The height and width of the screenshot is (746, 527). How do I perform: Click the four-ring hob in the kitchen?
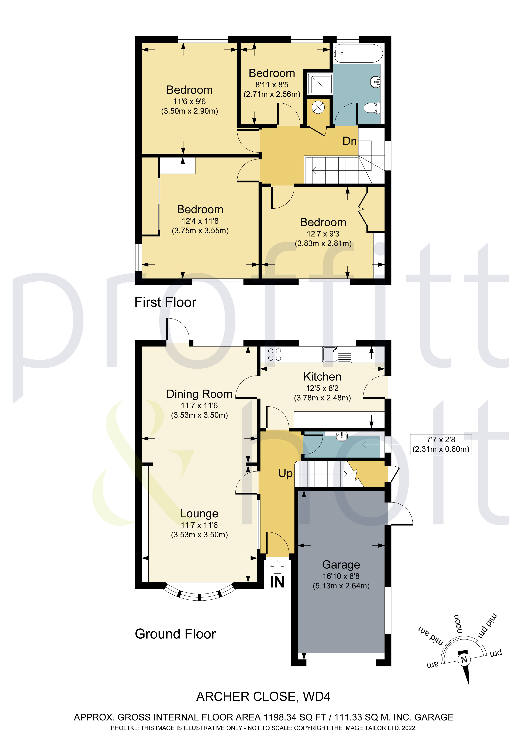tap(275, 354)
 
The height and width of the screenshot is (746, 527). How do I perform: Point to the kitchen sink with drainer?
tap(337, 354)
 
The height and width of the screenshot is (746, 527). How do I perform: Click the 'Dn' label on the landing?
tap(349, 141)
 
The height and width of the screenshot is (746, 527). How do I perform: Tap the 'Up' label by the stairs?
tap(285, 473)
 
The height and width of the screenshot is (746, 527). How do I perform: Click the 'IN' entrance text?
tap(277, 582)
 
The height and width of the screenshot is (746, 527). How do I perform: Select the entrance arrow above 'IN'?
tap(277, 567)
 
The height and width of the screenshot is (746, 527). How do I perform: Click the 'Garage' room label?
tap(341, 565)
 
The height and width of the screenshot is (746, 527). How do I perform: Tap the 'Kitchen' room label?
tap(322, 377)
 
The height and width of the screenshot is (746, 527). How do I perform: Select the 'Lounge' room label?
tap(199, 514)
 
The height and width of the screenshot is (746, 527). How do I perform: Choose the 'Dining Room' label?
tap(199, 394)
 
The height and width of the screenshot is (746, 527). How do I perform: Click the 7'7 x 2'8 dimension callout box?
tap(441, 444)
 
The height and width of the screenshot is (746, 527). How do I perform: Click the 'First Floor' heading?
tap(165, 302)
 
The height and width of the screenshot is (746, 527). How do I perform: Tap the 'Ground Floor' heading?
tap(175, 634)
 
